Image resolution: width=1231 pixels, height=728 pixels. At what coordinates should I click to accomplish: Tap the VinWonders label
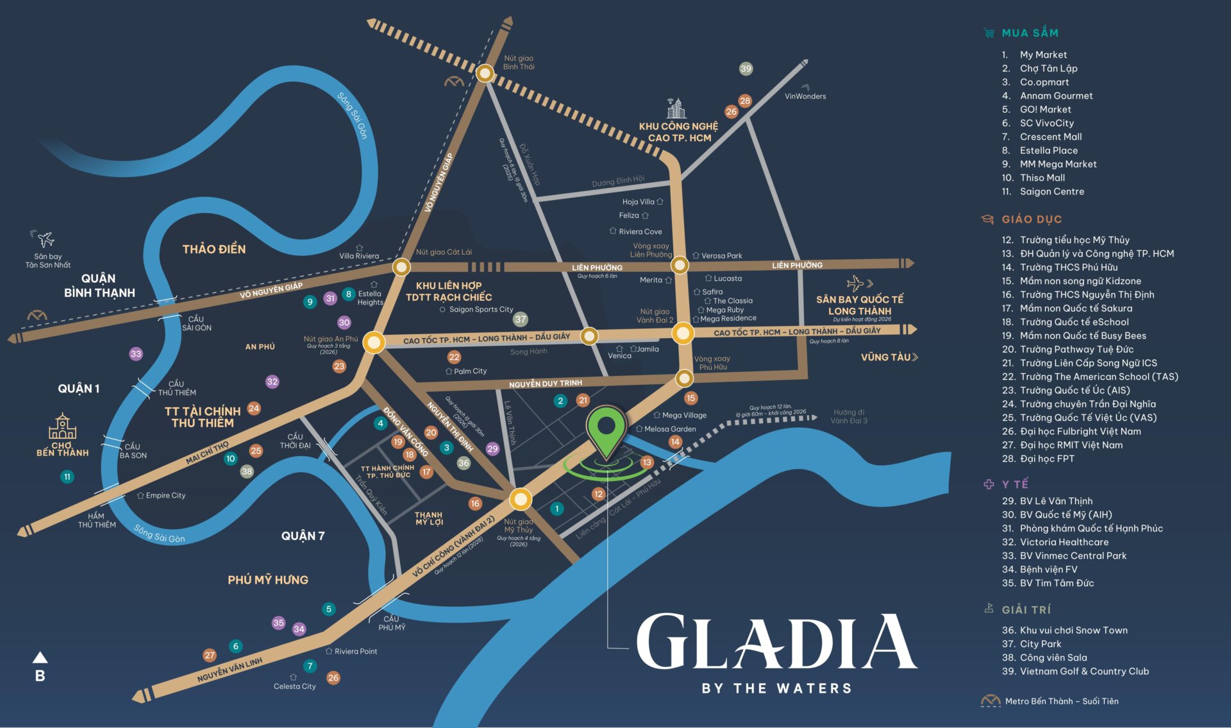[x=805, y=96]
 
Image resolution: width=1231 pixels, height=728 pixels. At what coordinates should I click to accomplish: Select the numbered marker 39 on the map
[x=746, y=69]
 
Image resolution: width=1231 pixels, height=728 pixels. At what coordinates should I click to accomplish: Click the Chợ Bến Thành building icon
[x=62, y=427]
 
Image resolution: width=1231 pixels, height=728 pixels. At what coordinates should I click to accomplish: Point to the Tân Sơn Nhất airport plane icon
[x=45, y=239]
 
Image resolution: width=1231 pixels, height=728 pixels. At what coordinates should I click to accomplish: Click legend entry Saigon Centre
[x=1051, y=191]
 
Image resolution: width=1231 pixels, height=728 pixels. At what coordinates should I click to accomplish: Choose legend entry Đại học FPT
[x=1046, y=459]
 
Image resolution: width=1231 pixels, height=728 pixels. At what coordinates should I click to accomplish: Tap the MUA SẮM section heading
[x=1030, y=33]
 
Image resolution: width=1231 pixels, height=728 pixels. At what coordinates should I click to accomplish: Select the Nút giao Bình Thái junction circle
[x=485, y=74]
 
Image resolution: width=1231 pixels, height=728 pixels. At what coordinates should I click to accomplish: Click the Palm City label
[x=469, y=371]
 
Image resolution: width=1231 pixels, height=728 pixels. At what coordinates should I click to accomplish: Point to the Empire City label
[x=165, y=495]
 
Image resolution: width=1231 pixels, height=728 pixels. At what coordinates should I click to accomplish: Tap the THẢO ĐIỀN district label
[x=214, y=249]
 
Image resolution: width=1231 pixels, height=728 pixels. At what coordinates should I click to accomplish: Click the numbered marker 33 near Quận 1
[x=136, y=353]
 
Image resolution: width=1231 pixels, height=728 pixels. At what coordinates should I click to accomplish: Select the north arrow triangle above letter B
[x=40, y=657]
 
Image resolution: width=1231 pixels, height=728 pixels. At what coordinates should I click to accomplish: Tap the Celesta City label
[x=294, y=686]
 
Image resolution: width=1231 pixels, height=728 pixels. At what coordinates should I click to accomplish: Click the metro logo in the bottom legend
[x=991, y=701]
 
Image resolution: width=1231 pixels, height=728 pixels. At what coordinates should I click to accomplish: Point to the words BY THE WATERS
[x=776, y=689]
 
